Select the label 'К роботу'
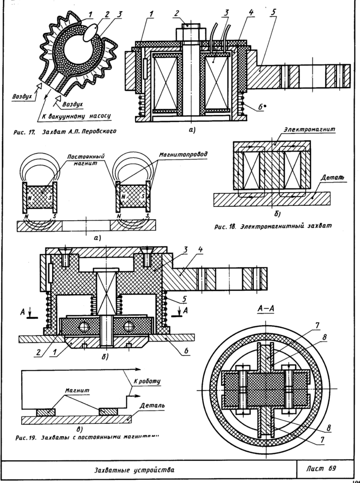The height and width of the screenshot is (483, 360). [x=150, y=381]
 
